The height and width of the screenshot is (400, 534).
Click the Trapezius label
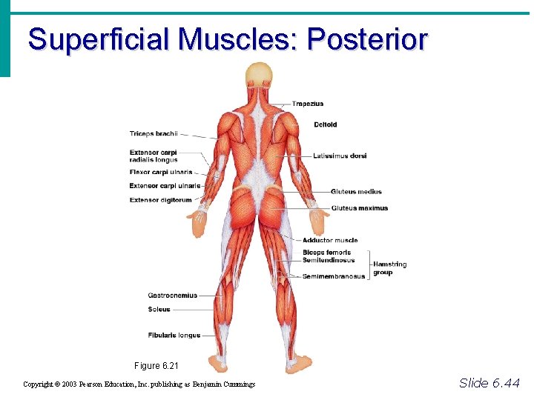[307, 104]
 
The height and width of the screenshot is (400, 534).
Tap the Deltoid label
[325, 124]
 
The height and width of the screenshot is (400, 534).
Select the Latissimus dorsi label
[340, 156]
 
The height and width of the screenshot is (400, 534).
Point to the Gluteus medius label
[356, 192]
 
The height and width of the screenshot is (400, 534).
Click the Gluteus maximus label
[360, 208]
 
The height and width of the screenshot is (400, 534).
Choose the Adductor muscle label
[330, 240]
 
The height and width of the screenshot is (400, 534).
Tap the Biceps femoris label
[326, 253]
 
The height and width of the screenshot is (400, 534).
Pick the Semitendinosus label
[329, 260]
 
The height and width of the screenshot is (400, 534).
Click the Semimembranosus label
[334, 276]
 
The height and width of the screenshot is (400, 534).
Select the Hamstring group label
[389, 268]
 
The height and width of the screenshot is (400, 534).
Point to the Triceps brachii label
[154, 134]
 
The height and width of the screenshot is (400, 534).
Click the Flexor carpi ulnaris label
[161, 173]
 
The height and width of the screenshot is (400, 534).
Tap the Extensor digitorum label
[160, 200]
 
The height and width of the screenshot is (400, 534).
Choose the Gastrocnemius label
[172, 296]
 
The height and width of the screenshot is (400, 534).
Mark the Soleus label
[159, 310]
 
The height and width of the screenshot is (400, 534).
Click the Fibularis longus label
[174, 336]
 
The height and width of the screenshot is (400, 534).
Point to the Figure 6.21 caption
[156, 366]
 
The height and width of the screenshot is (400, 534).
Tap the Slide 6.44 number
[489, 383]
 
